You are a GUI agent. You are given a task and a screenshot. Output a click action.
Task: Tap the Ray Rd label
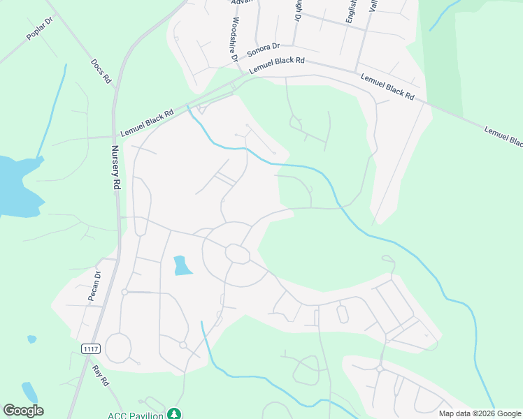point(101,374)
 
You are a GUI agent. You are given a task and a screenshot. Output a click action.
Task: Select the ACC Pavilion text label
point(136,415)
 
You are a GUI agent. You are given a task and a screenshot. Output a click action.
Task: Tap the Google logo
point(23,410)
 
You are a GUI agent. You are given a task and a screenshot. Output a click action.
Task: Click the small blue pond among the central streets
point(181,265)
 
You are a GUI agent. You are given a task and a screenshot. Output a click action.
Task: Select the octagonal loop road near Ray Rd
point(118,348)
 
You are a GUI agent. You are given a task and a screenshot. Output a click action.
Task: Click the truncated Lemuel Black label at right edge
point(503,135)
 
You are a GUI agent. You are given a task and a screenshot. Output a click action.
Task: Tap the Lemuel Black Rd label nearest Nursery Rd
point(147,124)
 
